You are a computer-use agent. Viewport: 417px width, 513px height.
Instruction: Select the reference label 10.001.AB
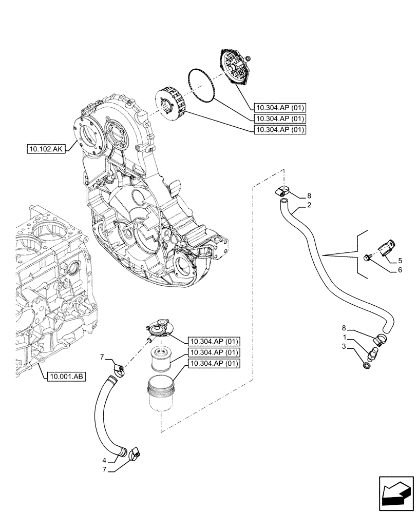(65, 377)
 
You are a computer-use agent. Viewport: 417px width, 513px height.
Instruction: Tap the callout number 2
(309, 206)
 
